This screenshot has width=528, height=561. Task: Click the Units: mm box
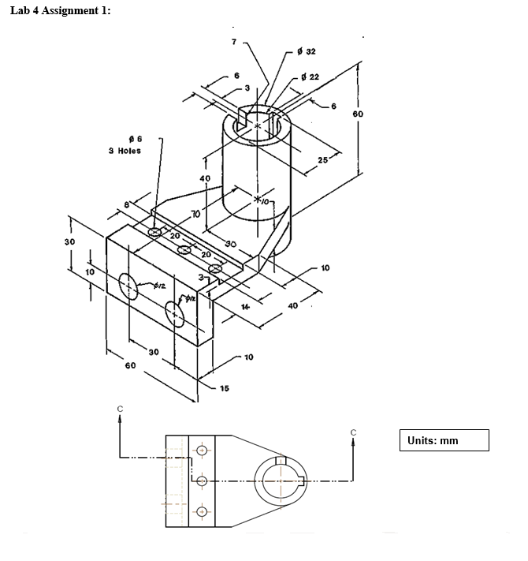[445, 440]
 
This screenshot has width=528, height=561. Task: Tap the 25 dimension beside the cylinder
[322, 161]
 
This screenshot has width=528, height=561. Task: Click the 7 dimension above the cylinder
[234, 41]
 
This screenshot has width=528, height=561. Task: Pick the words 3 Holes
[125, 151]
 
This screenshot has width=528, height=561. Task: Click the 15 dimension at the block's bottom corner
[225, 388]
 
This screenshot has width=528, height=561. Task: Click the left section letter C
[120, 409]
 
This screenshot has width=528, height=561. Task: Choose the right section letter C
[354, 432]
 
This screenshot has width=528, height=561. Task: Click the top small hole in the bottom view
[203, 451]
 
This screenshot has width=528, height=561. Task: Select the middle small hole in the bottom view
[203, 481]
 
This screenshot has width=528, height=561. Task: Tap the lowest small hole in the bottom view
[203, 511]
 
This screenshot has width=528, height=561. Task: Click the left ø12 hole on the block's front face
[127, 284]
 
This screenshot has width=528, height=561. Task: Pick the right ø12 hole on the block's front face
[175, 315]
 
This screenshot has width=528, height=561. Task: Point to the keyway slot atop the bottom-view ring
[280, 461]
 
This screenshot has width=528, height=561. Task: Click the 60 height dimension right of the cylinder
[358, 114]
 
